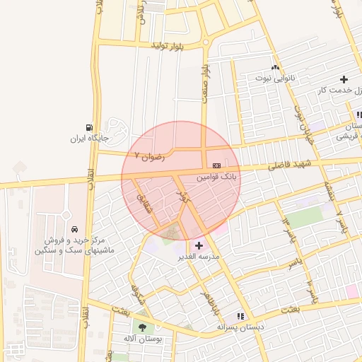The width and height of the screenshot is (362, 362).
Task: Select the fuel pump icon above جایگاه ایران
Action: pyautogui.click(x=88, y=127)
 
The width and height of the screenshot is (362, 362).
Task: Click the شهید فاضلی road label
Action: pyautogui.click(x=291, y=165)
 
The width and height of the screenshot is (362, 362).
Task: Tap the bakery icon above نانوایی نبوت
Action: pyautogui.click(x=275, y=65)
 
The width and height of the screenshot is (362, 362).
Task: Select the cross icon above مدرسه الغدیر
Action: pyautogui.click(x=198, y=245)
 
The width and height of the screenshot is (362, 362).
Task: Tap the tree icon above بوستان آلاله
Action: pyautogui.click(x=143, y=327)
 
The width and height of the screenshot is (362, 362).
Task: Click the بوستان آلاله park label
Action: pyautogui.click(x=143, y=339)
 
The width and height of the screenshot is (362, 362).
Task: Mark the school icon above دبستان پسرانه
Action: pyautogui.click(x=240, y=316)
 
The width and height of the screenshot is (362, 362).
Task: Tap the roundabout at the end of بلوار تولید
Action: pyautogui.click(x=206, y=42)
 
